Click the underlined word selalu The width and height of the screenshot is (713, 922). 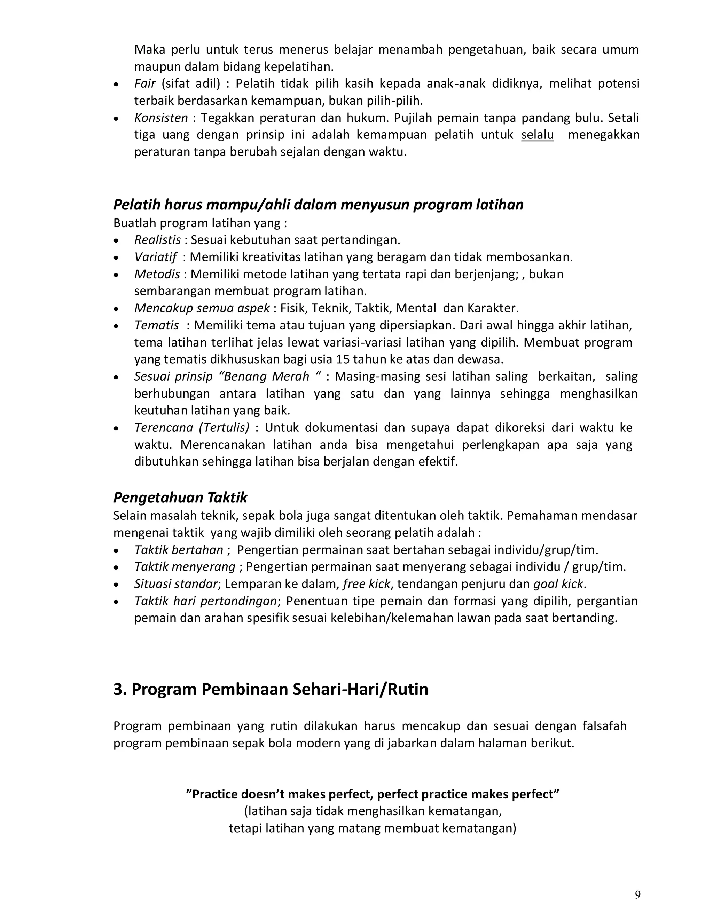pyautogui.click(x=537, y=135)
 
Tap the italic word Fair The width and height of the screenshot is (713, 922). pyautogui.click(x=145, y=84)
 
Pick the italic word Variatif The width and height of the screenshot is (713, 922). pyautogui.click(x=155, y=257)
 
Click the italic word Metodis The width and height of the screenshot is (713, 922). pyautogui.click(x=157, y=274)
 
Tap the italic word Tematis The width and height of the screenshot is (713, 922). pyautogui.click(x=156, y=325)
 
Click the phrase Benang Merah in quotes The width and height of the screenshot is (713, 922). pyautogui.click(x=265, y=376)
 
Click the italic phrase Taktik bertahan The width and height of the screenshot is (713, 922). pyautogui.click(x=179, y=550)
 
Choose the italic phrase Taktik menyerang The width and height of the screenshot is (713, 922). pyautogui.click(x=185, y=566)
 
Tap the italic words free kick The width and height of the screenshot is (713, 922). pyautogui.click(x=366, y=584)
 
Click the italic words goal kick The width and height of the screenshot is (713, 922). pyautogui.click(x=558, y=584)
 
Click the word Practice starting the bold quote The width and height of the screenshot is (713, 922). pyautogui.click(x=214, y=794)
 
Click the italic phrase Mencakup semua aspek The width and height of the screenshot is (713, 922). pyautogui.click(x=202, y=308)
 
